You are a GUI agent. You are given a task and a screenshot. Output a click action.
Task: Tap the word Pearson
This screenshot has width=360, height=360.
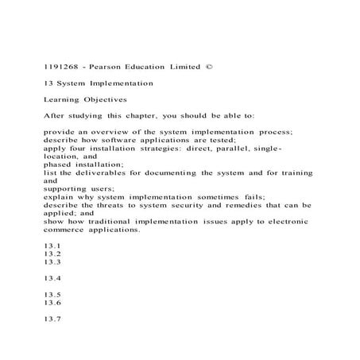point(107,64)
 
